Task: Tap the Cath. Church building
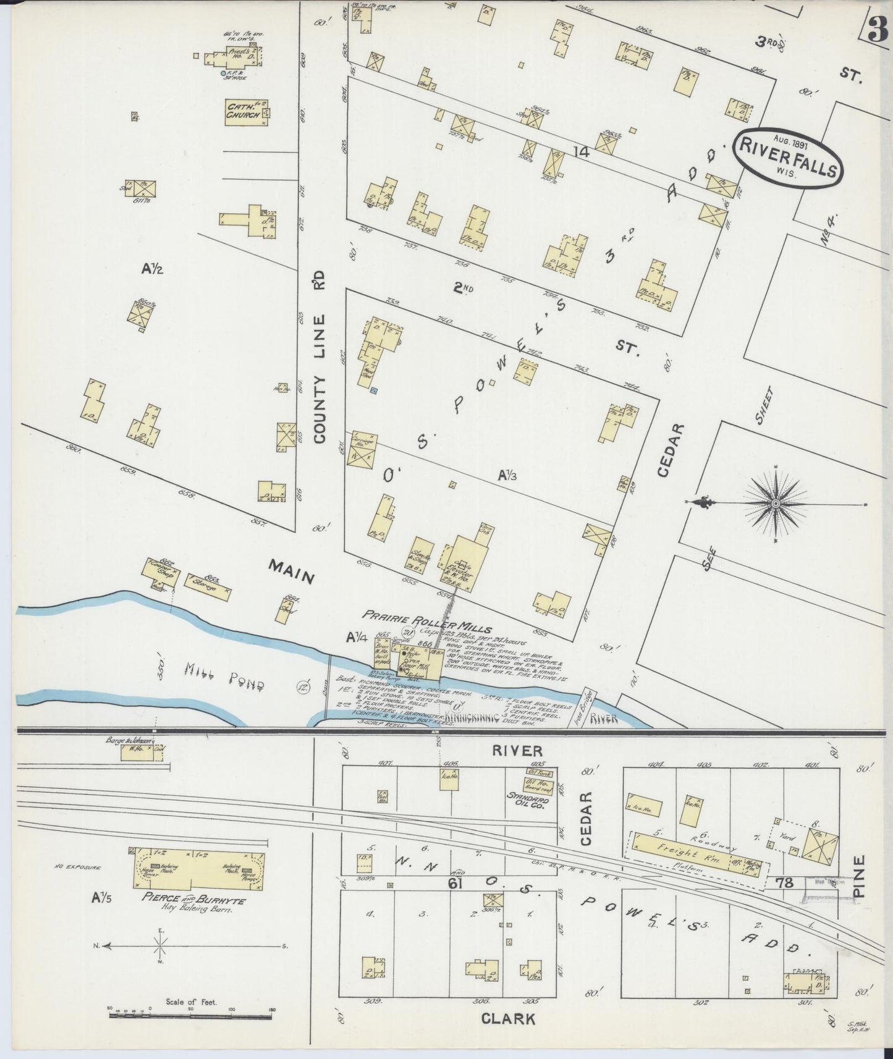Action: point(246,112)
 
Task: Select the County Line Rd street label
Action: point(319,358)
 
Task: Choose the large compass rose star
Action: point(776,504)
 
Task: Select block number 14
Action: point(580,150)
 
